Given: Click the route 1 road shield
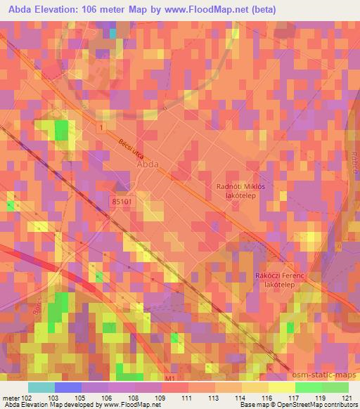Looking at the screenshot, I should coord(103,127).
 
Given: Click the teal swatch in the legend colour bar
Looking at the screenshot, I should coord(41,387).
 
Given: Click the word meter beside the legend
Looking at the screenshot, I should coord(10,397).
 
